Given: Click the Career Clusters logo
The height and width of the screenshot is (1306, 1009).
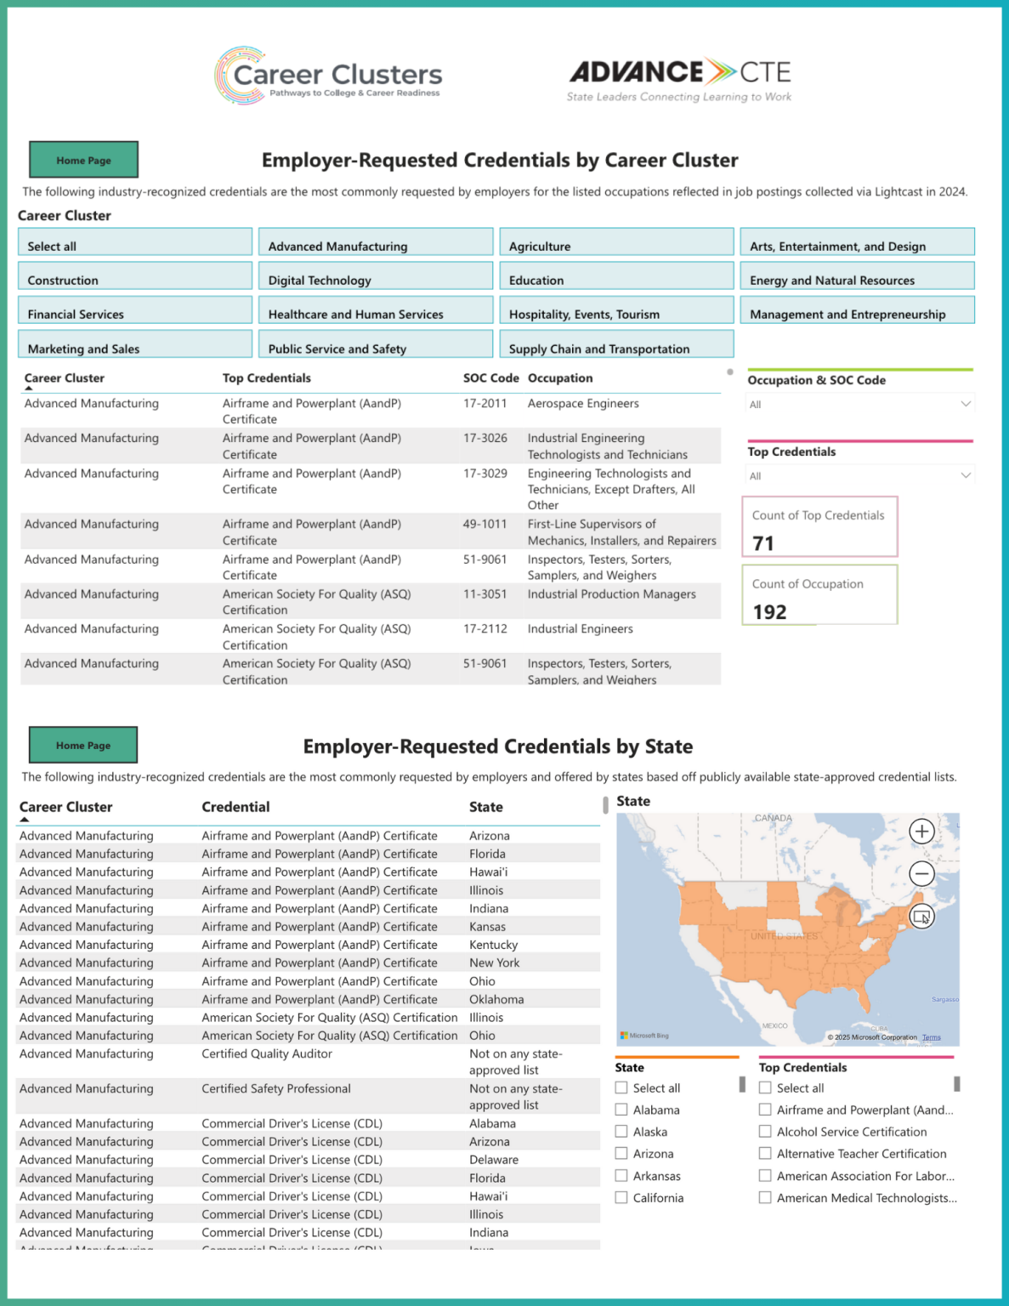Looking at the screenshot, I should tap(328, 77).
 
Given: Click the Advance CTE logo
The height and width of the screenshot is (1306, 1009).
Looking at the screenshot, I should tap(679, 79).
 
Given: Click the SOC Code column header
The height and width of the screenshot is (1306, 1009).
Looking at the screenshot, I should tap(490, 378).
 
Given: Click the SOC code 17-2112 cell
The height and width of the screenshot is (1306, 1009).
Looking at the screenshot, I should tap(485, 629).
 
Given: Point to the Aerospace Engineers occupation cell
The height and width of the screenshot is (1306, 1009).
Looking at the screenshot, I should tap(583, 404).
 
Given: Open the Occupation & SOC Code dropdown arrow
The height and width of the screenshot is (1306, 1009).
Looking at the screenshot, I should tap(966, 404).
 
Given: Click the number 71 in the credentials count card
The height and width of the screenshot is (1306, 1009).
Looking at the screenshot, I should tap(763, 543).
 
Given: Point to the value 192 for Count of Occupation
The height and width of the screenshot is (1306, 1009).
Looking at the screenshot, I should tap(769, 612).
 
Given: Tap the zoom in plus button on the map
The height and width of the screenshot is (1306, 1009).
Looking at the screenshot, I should tap(921, 832).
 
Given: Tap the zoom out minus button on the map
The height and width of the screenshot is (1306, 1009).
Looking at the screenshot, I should tap(921, 873).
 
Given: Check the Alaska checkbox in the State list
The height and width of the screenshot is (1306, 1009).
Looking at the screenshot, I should tap(621, 1132).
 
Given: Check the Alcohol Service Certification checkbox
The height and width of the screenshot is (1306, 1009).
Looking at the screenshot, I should tap(765, 1132).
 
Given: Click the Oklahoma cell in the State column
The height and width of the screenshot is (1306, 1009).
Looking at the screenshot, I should tap(496, 1000).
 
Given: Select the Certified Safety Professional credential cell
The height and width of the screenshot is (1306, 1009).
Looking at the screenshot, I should tap(276, 1089).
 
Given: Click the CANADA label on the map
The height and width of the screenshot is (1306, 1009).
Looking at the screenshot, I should tap(773, 818).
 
